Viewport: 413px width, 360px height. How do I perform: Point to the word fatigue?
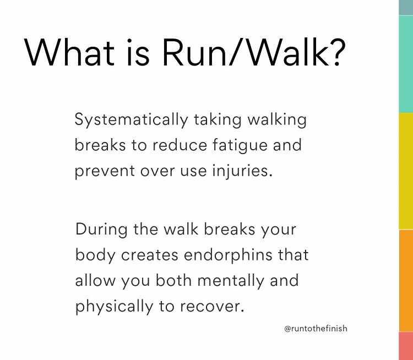(238, 145)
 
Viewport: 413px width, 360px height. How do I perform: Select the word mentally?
(216, 280)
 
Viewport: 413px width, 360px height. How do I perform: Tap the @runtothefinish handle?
(316, 329)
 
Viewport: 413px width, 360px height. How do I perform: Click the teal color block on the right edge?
(406, 63)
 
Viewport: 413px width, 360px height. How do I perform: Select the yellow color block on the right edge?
(406, 171)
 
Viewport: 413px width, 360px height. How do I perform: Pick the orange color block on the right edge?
(406, 281)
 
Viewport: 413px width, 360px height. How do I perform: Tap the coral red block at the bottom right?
(406, 346)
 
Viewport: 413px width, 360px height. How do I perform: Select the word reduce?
(176, 145)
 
